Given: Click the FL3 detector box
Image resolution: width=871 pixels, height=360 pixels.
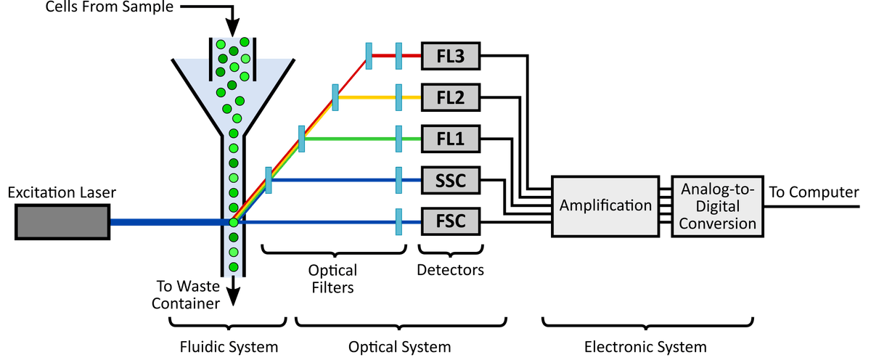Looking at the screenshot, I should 451,56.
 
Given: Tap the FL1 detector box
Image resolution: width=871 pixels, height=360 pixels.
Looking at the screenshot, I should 451,138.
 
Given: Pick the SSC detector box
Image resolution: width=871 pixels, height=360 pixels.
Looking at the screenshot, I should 451,179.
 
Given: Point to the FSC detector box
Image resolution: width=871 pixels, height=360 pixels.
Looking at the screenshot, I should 451,221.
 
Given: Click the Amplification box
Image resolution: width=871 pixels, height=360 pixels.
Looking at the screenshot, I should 606,205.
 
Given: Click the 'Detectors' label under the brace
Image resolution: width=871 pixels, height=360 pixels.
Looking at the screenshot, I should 450,271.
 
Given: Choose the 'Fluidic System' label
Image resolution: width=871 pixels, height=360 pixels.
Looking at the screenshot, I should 229,346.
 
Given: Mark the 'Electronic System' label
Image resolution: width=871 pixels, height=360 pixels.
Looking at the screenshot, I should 645,346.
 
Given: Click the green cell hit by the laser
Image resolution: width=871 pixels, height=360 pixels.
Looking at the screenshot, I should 233,223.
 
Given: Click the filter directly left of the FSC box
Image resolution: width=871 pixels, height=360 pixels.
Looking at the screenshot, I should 398,221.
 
